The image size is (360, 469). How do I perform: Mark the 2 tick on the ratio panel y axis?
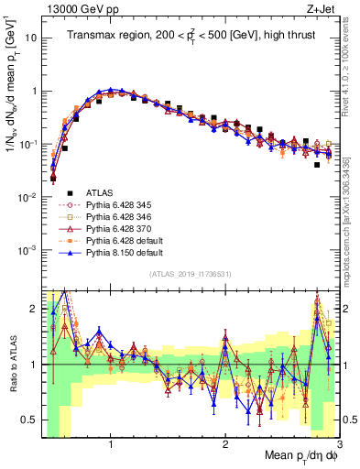pyautogui.click(x=31, y=308)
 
